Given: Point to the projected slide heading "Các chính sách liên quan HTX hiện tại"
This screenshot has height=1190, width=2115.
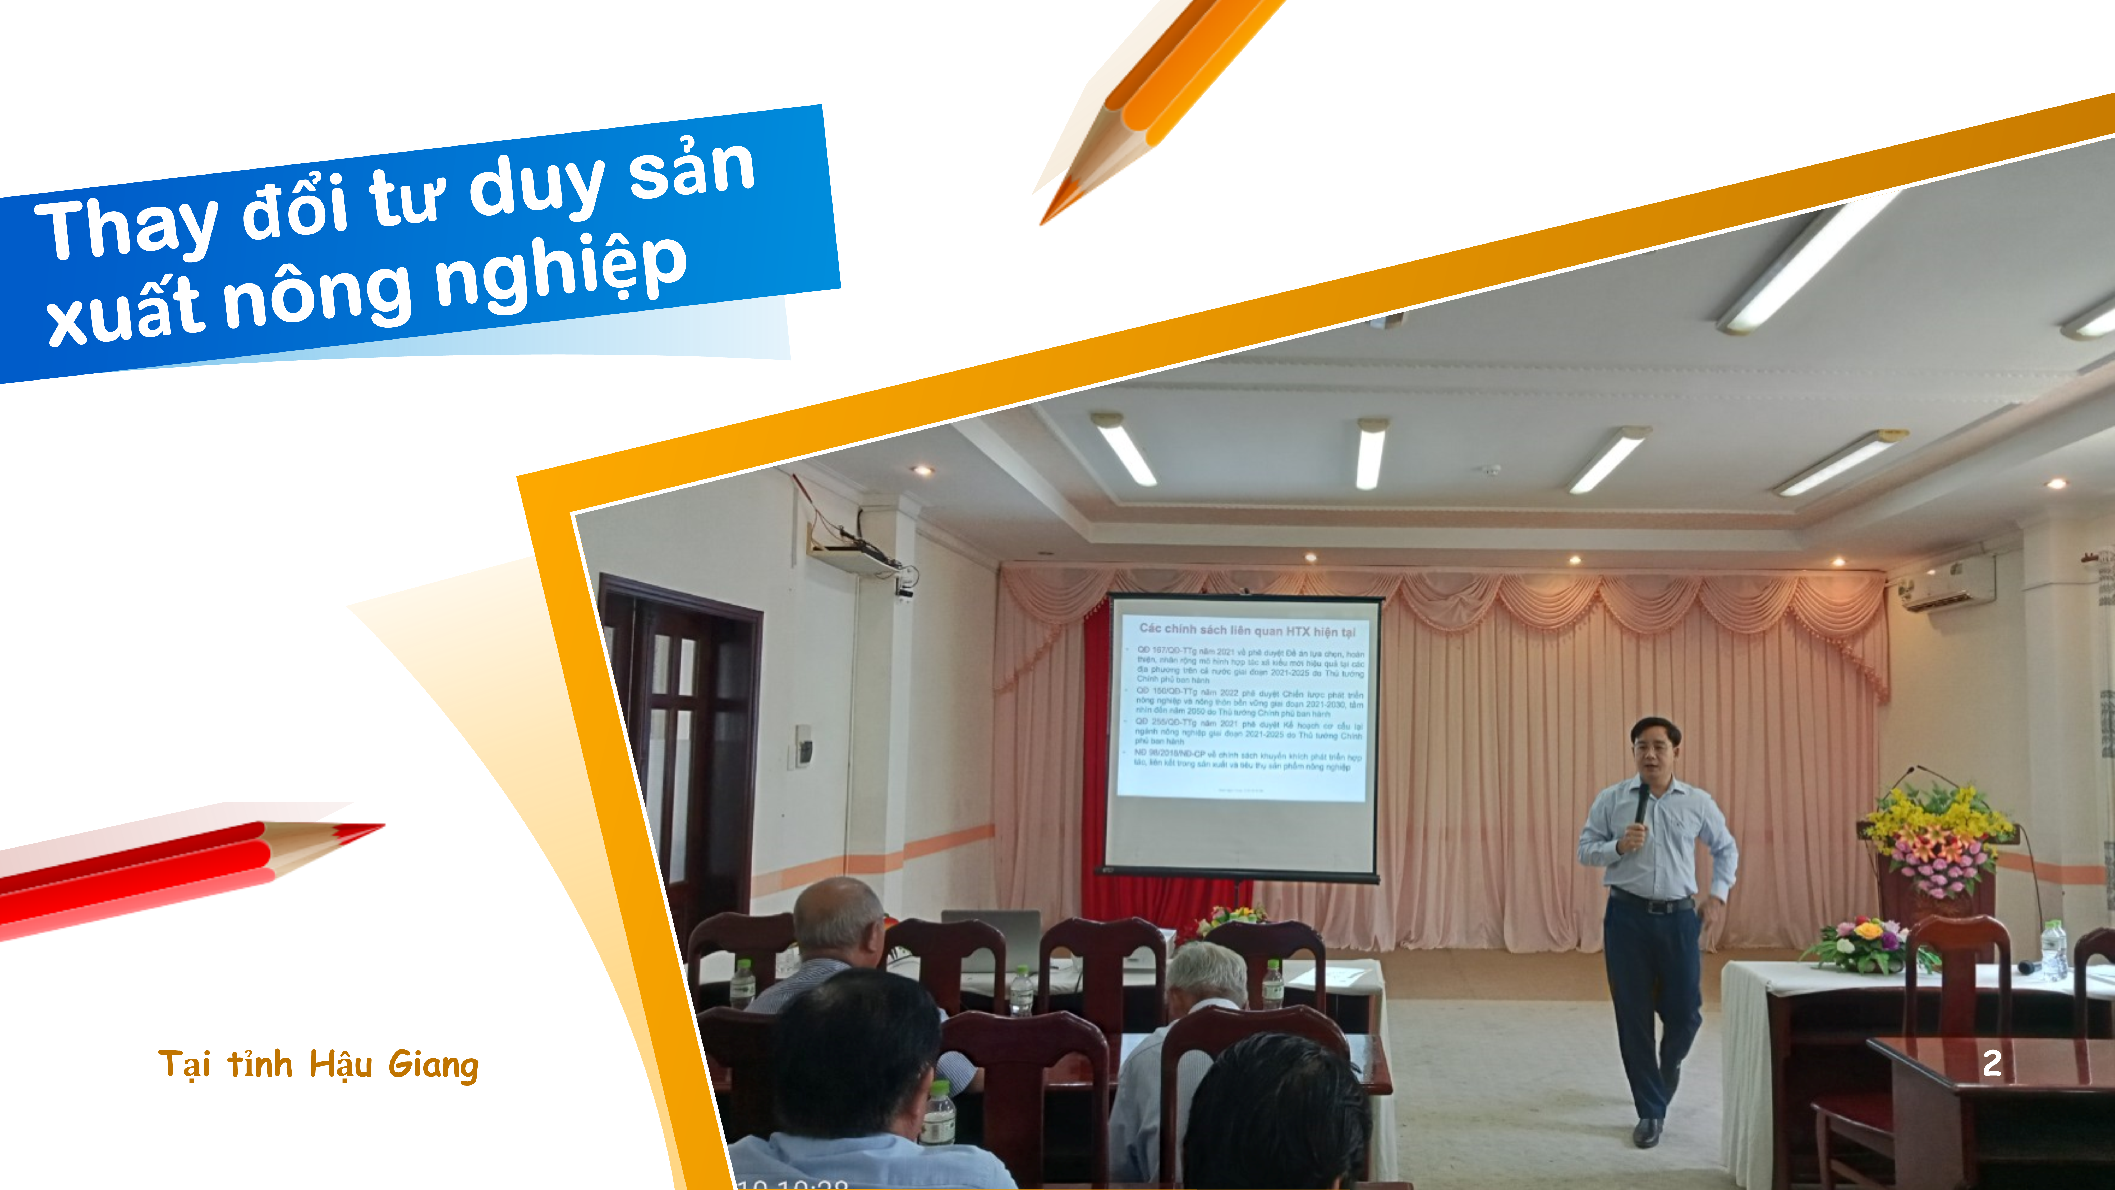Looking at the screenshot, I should click(1246, 630).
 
